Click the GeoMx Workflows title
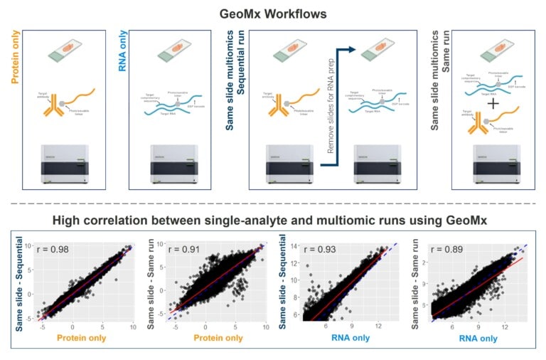273,13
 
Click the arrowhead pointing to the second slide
354,50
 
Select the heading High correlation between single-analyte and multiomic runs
273,221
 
